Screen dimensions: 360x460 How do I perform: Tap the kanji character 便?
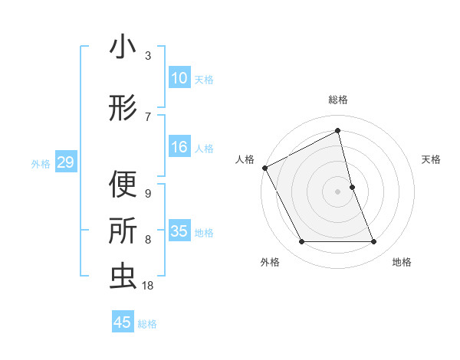(123, 185)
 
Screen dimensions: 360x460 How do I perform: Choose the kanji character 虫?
(123, 277)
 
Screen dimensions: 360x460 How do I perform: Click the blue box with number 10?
(179, 78)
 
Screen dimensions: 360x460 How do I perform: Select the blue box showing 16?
(179, 147)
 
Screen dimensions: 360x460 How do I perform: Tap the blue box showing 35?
(179, 231)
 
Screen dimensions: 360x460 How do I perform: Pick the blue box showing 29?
(65, 162)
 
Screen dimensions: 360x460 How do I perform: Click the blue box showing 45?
(123, 322)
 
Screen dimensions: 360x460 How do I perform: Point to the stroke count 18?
(148, 286)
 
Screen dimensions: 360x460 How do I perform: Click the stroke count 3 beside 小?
(148, 56)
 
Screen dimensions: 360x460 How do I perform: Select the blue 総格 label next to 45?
(147, 324)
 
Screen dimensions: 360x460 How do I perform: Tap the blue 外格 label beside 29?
(41, 163)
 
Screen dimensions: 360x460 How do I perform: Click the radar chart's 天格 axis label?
(432, 159)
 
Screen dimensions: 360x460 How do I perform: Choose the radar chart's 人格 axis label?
(245, 159)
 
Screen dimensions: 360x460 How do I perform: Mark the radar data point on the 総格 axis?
(338, 131)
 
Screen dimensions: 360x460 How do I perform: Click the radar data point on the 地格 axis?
(374, 242)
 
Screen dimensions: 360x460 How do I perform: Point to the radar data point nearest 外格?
(301, 242)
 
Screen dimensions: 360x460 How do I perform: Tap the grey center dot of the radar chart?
(338, 191)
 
